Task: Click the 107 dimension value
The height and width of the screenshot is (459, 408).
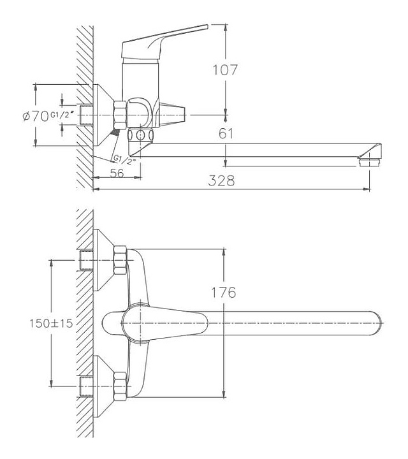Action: [x=226, y=70]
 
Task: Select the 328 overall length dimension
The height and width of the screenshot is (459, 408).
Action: [x=221, y=180]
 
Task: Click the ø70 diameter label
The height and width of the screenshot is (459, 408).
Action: [x=36, y=116]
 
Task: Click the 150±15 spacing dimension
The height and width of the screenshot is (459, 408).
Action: [x=52, y=323]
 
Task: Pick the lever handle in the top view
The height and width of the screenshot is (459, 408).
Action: [x=159, y=323]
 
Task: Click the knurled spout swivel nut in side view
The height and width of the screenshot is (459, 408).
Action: [x=140, y=136]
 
